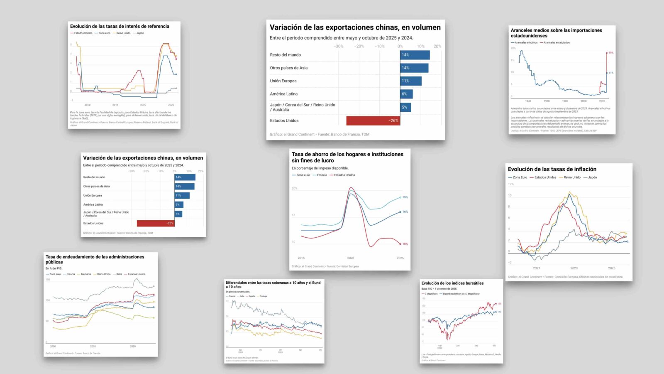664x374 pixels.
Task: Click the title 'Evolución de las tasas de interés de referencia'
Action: pyautogui.click(x=120, y=26)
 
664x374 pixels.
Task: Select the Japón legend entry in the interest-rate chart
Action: pyautogui.click(x=140, y=33)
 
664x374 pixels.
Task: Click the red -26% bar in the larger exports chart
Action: pyautogui.click(x=373, y=121)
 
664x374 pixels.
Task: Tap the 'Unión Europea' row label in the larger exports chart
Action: pyautogui.click(x=283, y=81)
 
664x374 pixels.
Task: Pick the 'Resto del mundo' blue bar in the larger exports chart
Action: pyautogui.click(x=415, y=55)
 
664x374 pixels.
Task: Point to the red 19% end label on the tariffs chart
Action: pyautogui.click(x=611, y=53)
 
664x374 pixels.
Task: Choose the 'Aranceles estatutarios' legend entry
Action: pyautogui.click(x=557, y=42)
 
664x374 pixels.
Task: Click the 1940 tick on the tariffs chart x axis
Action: pyautogui.click(x=528, y=101)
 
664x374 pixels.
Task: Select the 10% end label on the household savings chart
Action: pyautogui.click(x=405, y=244)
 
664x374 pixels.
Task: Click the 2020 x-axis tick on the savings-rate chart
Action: pyautogui.click(x=351, y=258)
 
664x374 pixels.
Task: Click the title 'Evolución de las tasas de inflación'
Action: pyautogui.click(x=552, y=169)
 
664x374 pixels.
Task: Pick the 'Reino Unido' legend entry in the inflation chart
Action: pyautogui.click(x=572, y=177)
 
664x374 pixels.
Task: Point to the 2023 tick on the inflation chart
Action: pyautogui.click(x=574, y=268)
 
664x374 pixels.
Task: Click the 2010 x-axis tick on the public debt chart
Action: pyautogui.click(x=93, y=346)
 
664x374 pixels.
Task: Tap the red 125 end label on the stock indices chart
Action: pyautogui.click(x=499, y=304)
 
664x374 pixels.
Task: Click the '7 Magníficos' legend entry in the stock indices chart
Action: pyautogui.click(x=431, y=294)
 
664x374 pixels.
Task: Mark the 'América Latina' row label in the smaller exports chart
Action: pyautogui.click(x=93, y=204)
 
